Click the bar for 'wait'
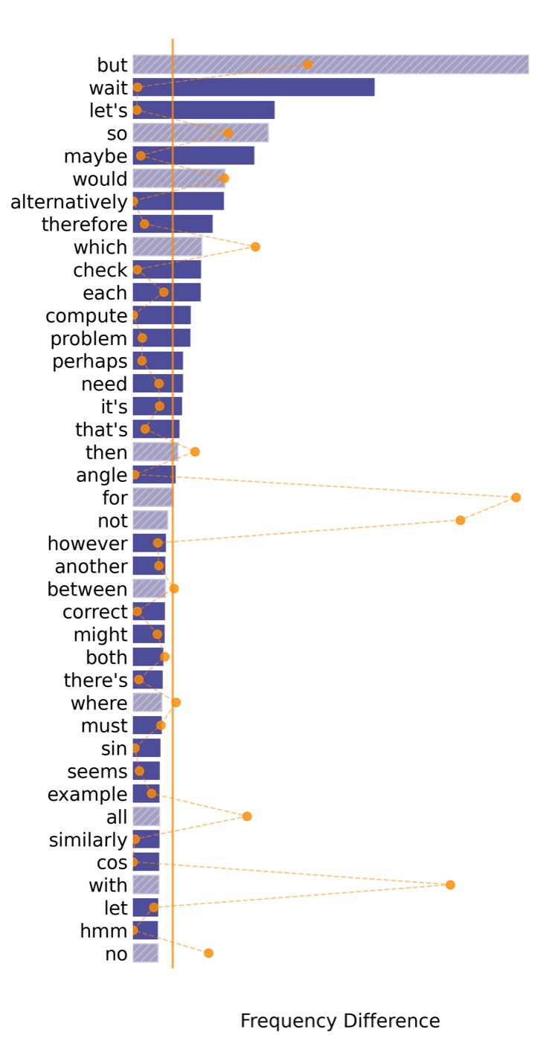click(x=254, y=88)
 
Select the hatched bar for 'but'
click(x=330, y=65)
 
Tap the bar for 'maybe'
click(x=193, y=155)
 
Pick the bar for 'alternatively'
click(x=178, y=202)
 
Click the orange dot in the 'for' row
click(x=516, y=497)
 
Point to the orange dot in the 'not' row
click(x=461, y=520)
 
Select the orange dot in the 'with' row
click(x=450, y=885)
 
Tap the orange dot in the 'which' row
click(x=255, y=247)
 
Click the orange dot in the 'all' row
click(x=247, y=816)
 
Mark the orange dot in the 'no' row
click(x=209, y=953)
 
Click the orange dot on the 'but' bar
click(x=308, y=64)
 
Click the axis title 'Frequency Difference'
click(x=340, y=1021)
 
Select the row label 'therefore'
click(x=85, y=225)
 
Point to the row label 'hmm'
click(x=103, y=931)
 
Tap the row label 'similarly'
click(x=88, y=840)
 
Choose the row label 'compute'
click(x=86, y=317)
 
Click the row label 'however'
click(x=88, y=544)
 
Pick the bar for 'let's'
click(x=204, y=110)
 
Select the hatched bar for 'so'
click(x=200, y=133)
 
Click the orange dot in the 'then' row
click(x=195, y=452)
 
